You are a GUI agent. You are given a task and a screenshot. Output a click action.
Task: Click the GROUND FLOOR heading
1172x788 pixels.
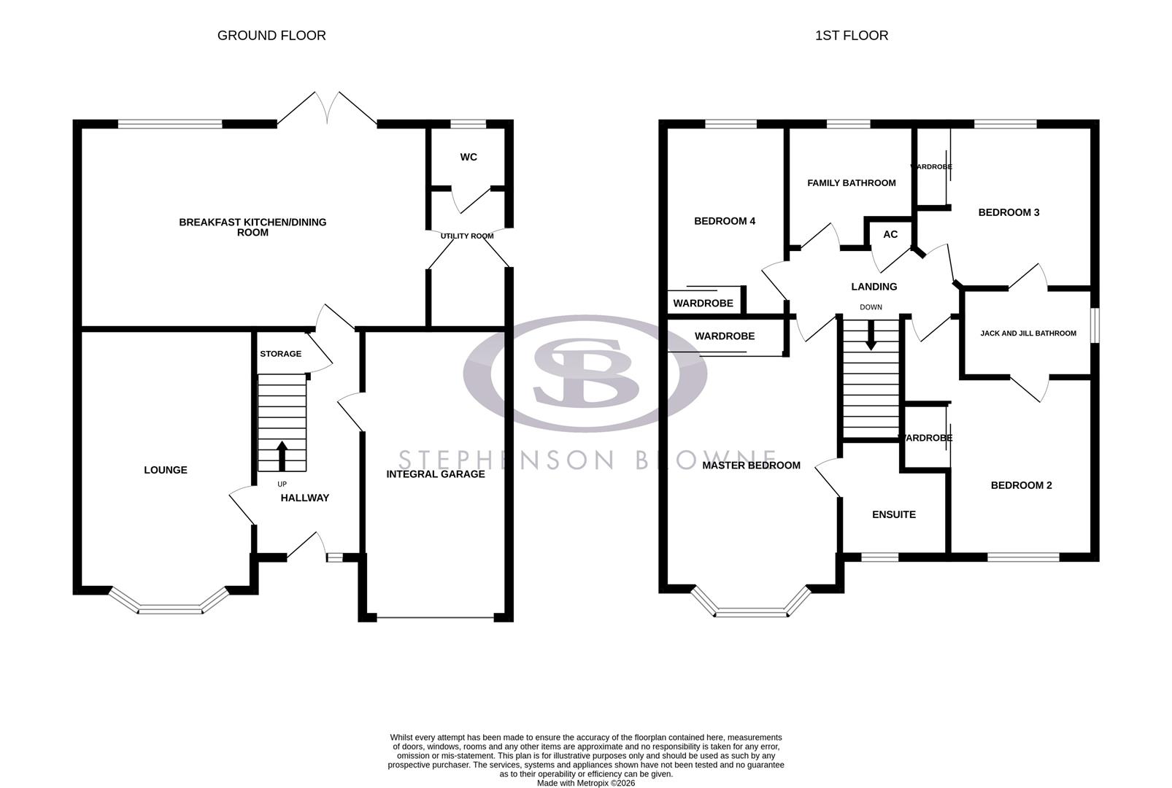(271, 35)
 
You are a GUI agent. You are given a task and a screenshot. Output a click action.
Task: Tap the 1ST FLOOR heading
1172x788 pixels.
(851, 35)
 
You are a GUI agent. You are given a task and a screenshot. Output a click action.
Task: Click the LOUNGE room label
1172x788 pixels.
(166, 470)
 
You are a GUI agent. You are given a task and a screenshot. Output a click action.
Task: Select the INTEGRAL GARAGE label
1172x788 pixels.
(436, 474)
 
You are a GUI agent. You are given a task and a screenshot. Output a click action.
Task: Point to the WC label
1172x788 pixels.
(469, 157)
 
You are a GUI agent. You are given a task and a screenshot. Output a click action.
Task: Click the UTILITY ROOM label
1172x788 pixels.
(467, 236)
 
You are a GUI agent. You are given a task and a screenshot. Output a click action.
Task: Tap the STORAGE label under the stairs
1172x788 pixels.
(280, 354)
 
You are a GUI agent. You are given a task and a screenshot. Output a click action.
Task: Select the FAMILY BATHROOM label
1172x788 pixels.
(851, 183)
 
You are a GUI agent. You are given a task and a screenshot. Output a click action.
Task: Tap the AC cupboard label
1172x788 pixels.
(890, 234)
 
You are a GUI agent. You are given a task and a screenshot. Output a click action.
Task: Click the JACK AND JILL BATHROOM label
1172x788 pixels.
(1028, 333)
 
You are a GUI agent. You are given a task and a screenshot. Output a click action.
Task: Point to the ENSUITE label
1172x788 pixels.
(893, 514)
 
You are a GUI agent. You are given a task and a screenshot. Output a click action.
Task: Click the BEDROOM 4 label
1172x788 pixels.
(724, 221)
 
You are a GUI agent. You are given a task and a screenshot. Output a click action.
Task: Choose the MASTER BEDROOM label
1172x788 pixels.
(751, 466)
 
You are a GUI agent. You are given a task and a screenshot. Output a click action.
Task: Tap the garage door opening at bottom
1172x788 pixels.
(435, 618)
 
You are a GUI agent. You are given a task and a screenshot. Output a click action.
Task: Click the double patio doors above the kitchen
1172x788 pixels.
(328, 109)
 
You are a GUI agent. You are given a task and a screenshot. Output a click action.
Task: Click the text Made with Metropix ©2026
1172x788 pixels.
(585, 783)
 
